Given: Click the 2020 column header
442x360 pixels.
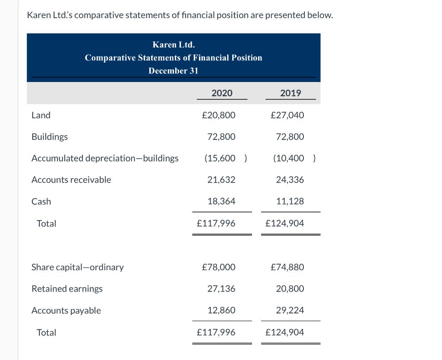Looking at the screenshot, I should point(222,93).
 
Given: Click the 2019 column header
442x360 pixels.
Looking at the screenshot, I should point(290,93).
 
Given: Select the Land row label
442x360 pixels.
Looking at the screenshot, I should point(41,115).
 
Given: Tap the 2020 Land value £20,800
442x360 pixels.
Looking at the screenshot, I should point(219,115).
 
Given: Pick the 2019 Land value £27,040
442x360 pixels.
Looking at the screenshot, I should point(287,115).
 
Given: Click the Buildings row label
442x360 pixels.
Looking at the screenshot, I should point(50,137).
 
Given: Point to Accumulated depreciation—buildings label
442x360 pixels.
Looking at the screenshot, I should point(105,158).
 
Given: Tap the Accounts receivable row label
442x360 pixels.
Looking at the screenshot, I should point(71,180).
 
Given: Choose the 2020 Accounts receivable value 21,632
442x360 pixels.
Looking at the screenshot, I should point(221,180).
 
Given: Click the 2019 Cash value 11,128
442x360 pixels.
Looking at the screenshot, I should point(290,202).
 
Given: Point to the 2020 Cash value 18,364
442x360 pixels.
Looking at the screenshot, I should point(221,202).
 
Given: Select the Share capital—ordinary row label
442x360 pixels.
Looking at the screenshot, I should point(78,267).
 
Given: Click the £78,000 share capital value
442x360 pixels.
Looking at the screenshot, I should point(219,267).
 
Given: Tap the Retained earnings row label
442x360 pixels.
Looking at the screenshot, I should point(67,289).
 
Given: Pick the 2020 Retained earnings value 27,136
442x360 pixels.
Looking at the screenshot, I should point(221,289).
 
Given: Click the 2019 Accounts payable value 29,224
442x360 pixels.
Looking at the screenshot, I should point(290,310).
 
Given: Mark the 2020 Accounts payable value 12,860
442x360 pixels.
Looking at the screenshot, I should point(221,310).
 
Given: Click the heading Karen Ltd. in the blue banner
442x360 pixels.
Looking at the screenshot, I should point(174,45).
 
